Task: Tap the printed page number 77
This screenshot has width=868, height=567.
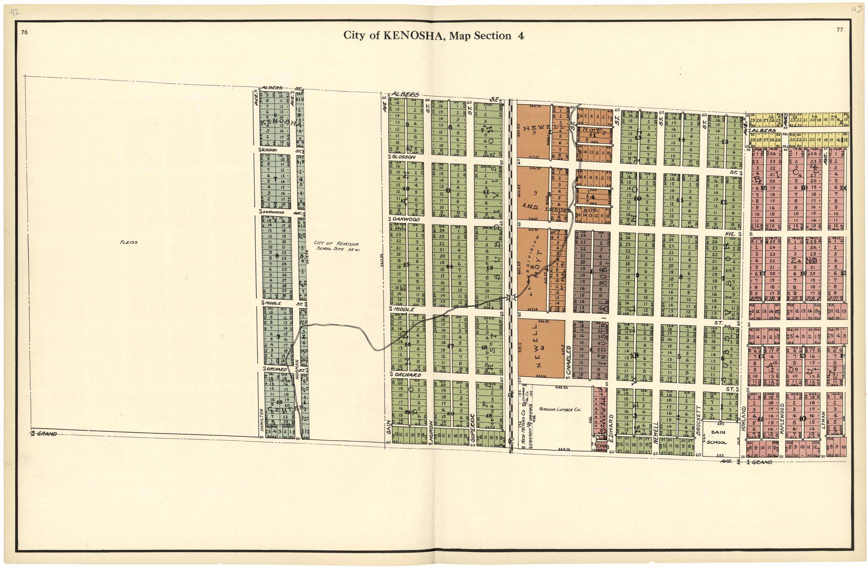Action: point(840,30)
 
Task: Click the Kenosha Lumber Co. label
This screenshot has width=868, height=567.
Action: point(557,410)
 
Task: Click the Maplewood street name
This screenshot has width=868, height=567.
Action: point(781,419)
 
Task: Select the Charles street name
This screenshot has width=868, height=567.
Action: point(568,361)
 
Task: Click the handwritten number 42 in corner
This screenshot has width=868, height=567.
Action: point(15,13)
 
